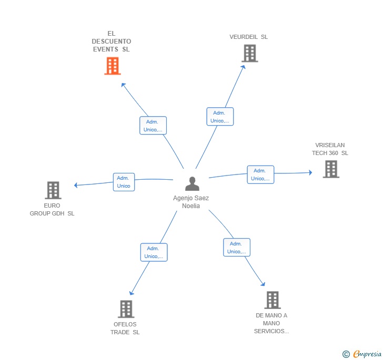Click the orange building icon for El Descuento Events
coord(112,66)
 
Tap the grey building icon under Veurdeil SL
coord(249,53)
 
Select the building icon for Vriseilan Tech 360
coord(330,169)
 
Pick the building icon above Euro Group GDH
coord(53,190)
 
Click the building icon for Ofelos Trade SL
coord(126,309)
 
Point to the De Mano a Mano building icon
coord(272,300)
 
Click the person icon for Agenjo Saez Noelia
coord(192,184)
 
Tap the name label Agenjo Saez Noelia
coord(191,202)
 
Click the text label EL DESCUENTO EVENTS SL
coord(112,42)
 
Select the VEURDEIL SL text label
coord(248,37)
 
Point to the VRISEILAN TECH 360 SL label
coord(330,149)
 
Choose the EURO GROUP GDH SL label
coord(52,210)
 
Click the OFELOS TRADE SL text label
coord(125,328)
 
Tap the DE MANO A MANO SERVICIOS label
coord(271,323)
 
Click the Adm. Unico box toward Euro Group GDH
coord(124,182)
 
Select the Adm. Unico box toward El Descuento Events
coord(153,126)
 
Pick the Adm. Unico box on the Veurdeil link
coord(219,117)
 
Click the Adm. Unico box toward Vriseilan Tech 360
coord(260,174)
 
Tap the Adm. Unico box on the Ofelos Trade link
coord(154,252)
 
